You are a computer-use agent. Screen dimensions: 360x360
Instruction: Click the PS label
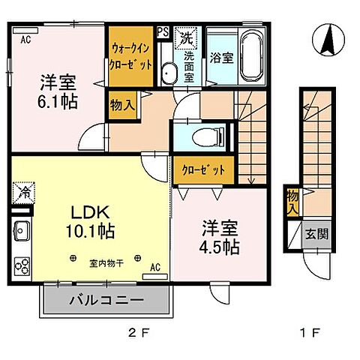[163, 32]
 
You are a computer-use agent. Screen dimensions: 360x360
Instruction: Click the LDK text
[88, 214]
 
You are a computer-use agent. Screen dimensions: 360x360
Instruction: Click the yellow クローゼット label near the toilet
[202, 169]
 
